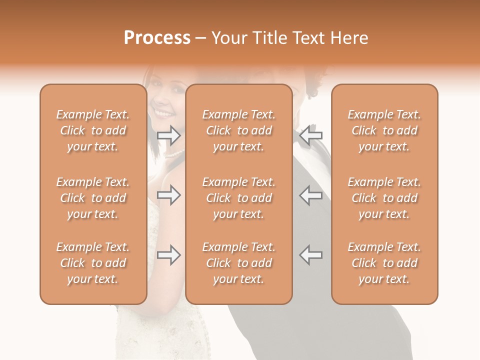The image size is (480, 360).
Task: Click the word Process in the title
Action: tap(157, 38)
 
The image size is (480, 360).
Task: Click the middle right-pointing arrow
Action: tap(168, 195)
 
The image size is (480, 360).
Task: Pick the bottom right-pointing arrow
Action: tap(168, 255)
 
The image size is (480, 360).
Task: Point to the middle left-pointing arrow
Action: tap(311, 195)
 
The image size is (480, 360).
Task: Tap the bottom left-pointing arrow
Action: tap(311, 255)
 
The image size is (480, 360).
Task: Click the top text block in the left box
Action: tap(93, 130)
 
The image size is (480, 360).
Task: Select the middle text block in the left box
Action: tap(93, 198)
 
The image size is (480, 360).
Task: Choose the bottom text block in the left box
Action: tap(93, 263)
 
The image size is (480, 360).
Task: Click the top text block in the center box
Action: tap(238, 130)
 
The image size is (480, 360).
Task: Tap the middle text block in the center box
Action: tap(238, 198)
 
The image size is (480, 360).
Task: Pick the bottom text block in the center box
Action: tap(238, 263)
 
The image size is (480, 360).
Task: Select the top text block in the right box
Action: tap(384, 130)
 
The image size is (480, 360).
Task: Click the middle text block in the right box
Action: tap(384, 198)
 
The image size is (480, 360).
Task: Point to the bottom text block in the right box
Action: tap(384, 263)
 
